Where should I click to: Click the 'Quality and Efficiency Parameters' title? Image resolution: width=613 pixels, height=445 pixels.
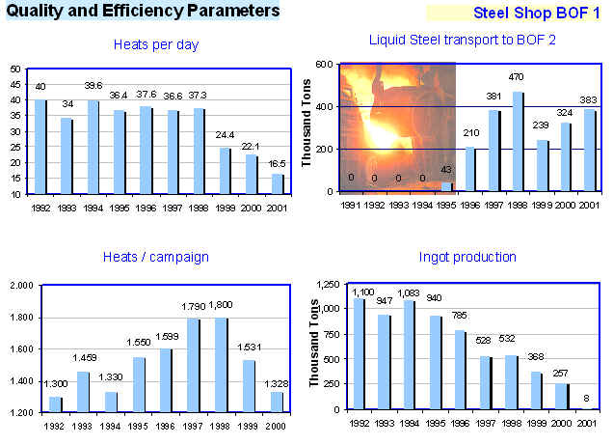(142, 12)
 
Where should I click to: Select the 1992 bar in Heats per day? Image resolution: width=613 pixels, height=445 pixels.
(40, 147)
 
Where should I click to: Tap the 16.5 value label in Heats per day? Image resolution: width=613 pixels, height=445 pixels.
(278, 165)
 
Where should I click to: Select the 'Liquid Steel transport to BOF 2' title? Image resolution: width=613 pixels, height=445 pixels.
(462, 40)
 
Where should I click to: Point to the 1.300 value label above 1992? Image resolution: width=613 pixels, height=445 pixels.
(54, 386)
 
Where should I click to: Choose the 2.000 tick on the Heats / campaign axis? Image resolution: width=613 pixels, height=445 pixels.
(19, 286)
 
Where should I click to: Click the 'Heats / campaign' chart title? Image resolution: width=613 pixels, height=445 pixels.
(155, 257)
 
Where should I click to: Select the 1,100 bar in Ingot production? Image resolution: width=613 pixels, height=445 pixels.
(360, 353)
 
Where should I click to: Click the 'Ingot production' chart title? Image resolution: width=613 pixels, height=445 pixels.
(468, 257)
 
